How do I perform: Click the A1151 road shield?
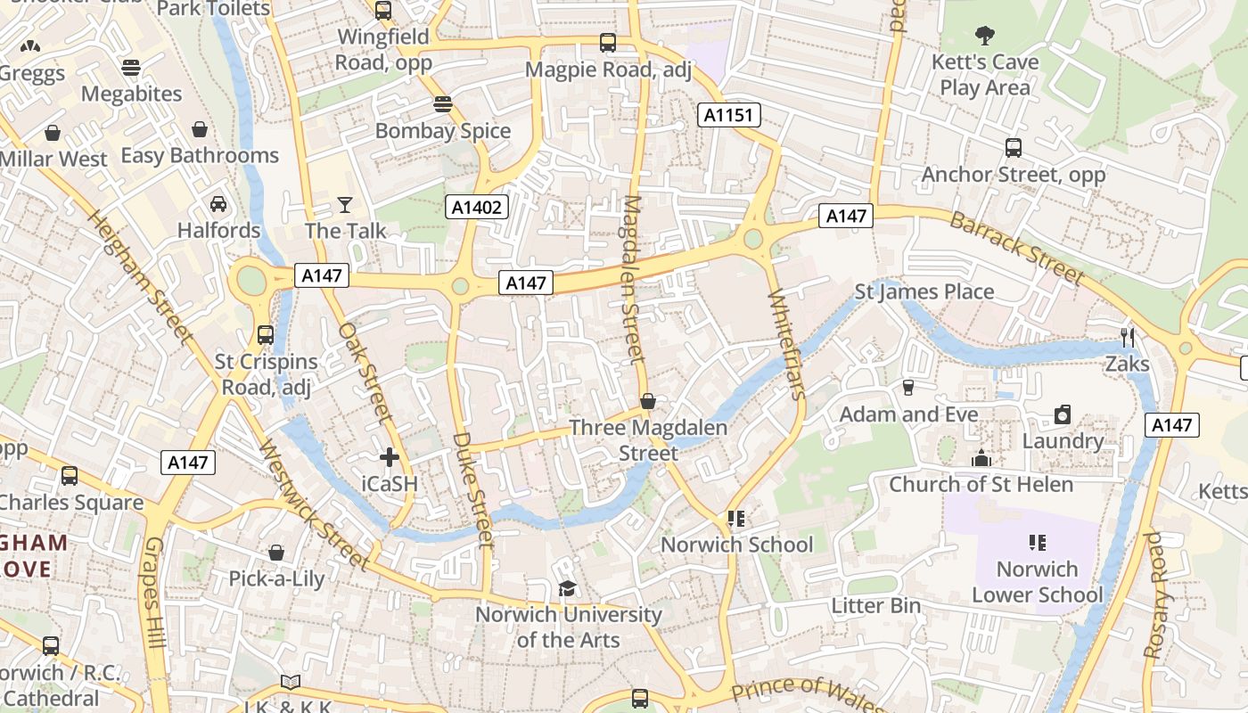(728, 114)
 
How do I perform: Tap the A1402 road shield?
(477, 208)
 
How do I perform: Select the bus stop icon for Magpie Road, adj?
(608, 43)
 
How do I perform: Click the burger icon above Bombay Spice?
(443, 104)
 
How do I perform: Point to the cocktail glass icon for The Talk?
(345, 205)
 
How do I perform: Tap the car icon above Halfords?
(218, 204)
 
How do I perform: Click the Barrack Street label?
(1015, 248)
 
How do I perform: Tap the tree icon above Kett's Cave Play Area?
(985, 36)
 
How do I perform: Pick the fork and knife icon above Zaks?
(1128, 337)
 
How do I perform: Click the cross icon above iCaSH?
(389, 458)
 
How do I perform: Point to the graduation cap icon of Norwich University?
(567, 588)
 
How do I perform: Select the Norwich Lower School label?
(1037, 582)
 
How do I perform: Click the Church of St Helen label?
(981, 485)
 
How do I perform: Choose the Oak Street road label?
(365, 372)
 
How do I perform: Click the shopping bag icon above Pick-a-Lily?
(276, 553)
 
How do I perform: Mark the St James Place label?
(924, 291)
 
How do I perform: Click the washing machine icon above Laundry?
(1062, 414)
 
